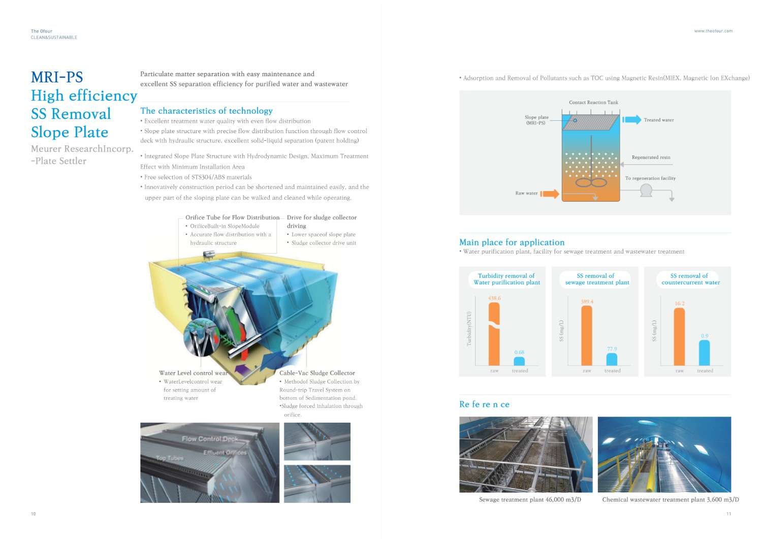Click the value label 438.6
494,298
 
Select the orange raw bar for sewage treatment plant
587,335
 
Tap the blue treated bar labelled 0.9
704,353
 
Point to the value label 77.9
612,349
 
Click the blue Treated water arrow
632,120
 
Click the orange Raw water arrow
550,194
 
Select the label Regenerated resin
651,157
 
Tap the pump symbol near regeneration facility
646,191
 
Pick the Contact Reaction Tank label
593,103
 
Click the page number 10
34,514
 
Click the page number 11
728,514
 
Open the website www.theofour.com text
713,31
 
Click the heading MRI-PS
57,77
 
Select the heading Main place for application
512,242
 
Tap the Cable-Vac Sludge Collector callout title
317,373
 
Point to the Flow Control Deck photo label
210,439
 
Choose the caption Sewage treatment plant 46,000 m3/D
530,500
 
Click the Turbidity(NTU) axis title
469,329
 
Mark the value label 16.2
679,303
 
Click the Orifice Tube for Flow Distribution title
232,217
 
